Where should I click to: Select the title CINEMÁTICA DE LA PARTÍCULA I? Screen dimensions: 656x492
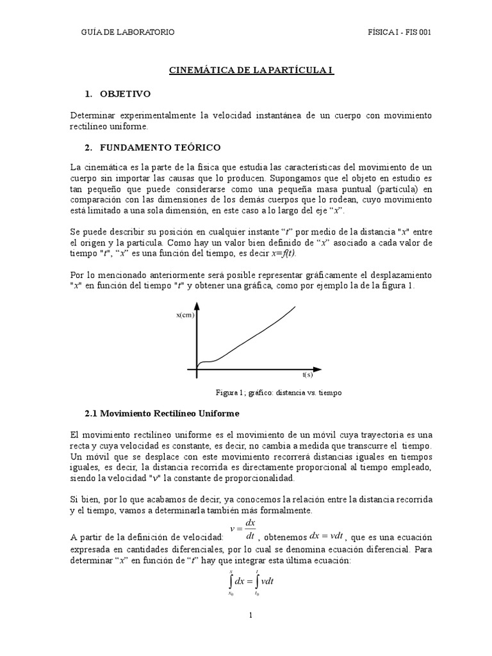tap(251, 70)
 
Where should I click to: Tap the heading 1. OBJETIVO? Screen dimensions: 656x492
tap(117, 94)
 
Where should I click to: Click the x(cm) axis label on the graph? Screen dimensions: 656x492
tap(185, 315)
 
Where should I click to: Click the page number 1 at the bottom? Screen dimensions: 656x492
tap(252, 616)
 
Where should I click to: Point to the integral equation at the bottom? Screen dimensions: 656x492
tap(251, 582)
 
